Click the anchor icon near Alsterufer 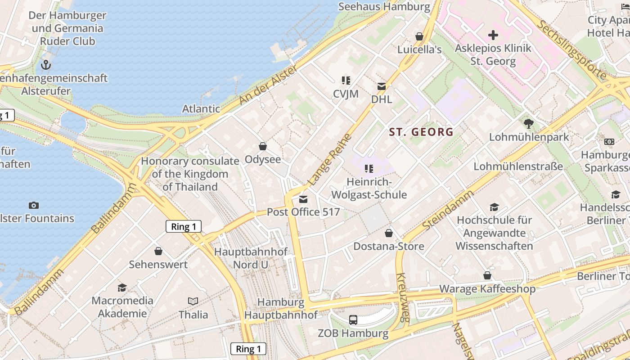tap(46, 65)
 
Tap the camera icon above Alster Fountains tap(34, 206)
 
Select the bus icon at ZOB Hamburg tap(353, 320)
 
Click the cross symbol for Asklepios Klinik tap(493, 35)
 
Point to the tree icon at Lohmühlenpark tap(529, 123)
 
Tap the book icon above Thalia tap(193, 301)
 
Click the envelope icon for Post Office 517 tap(303, 199)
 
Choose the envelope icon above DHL tap(382, 86)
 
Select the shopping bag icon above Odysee tap(263, 146)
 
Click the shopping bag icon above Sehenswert tap(158, 251)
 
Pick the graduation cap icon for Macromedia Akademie tap(122, 288)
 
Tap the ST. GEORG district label tap(421, 132)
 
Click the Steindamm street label tap(448, 210)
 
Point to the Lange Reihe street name tap(329, 160)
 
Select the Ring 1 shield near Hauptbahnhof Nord tap(184, 226)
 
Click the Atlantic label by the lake tap(201, 108)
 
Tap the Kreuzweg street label tap(402, 297)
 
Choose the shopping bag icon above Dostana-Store tap(389, 233)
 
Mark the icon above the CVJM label tap(346, 81)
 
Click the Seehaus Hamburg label tap(384, 7)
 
